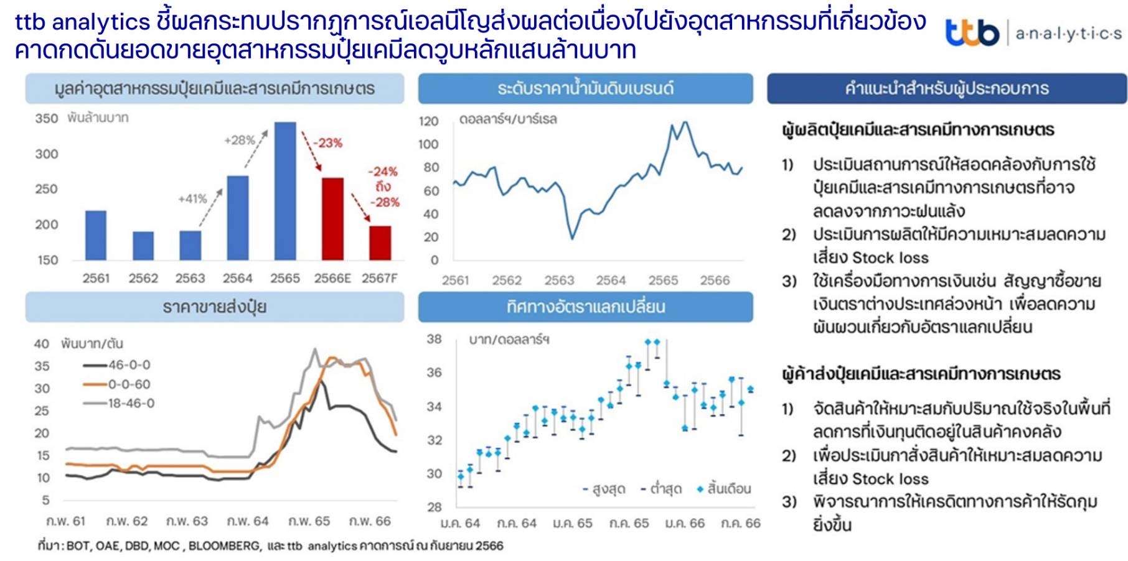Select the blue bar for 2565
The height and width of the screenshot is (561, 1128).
pos(285,191)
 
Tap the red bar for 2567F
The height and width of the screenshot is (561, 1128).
pos(380,243)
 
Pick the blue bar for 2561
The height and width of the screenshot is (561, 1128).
pos(96,235)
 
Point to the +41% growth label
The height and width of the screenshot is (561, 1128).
pos(192,199)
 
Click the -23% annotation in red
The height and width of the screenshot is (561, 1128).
pos(327,143)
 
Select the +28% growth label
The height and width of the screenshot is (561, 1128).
pos(240,141)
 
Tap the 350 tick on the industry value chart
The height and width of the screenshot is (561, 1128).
pos(47,118)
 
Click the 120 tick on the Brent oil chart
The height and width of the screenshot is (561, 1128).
pos(429,121)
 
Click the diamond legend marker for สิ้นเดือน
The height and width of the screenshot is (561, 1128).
pos(700,489)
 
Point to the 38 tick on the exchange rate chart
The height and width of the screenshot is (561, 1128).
pos(434,339)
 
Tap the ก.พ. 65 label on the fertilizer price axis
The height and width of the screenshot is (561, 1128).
pos(309,521)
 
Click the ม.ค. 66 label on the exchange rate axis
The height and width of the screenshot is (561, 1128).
pos(685,523)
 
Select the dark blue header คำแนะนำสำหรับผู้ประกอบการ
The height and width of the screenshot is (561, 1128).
pos(946,88)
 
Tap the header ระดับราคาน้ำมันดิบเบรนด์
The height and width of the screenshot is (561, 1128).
pos(585,88)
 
